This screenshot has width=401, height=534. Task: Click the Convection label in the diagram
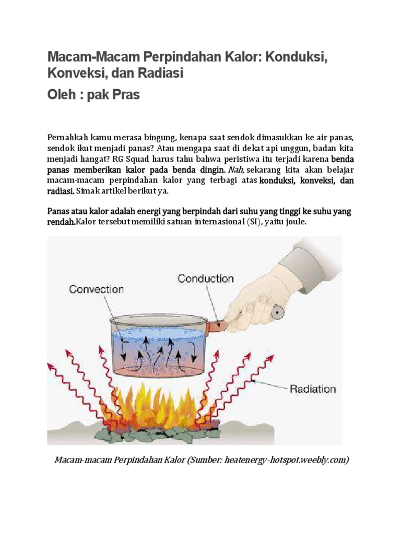click(x=97, y=288)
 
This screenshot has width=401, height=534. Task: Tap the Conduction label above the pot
click(x=206, y=278)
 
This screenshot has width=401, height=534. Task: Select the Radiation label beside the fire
click(x=313, y=389)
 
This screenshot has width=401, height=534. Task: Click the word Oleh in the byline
click(x=63, y=95)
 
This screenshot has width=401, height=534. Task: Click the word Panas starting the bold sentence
click(x=59, y=211)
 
